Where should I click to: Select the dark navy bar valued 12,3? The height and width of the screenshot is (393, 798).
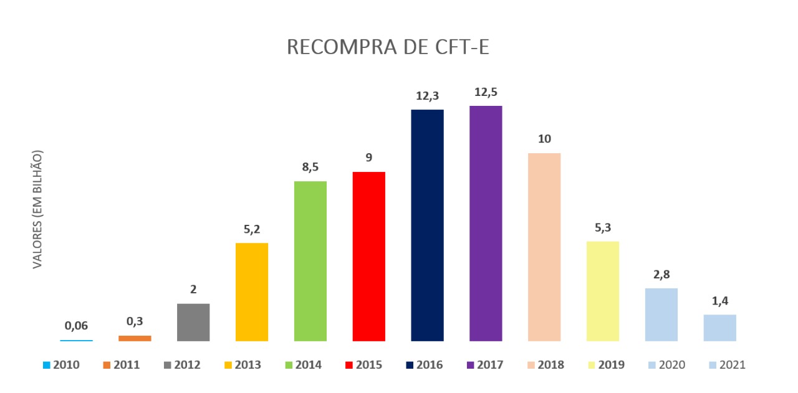[x=427, y=225]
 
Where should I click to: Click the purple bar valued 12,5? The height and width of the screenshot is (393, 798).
[x=486, y=224]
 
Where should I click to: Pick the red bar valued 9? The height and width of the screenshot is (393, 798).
[x=368, y=257]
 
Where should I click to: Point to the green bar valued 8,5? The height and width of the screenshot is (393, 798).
[x=310, y=261]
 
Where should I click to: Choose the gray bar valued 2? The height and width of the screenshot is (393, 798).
[x=193, y=322]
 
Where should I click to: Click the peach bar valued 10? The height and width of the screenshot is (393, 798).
[x=544, y=247]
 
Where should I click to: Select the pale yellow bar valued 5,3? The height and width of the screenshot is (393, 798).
[x=603, y=291]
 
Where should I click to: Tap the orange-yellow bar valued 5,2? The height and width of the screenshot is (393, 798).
[x=252, y=291]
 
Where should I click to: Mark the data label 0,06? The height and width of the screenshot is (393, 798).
[x=77, y=325]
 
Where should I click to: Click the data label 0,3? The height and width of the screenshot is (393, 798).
[x=135, y=321]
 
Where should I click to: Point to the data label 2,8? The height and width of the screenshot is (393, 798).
[x=661, y=274]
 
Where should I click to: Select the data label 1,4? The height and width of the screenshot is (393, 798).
[x=720, y=300]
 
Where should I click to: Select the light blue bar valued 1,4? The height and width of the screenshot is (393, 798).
[x=720, y=328]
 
